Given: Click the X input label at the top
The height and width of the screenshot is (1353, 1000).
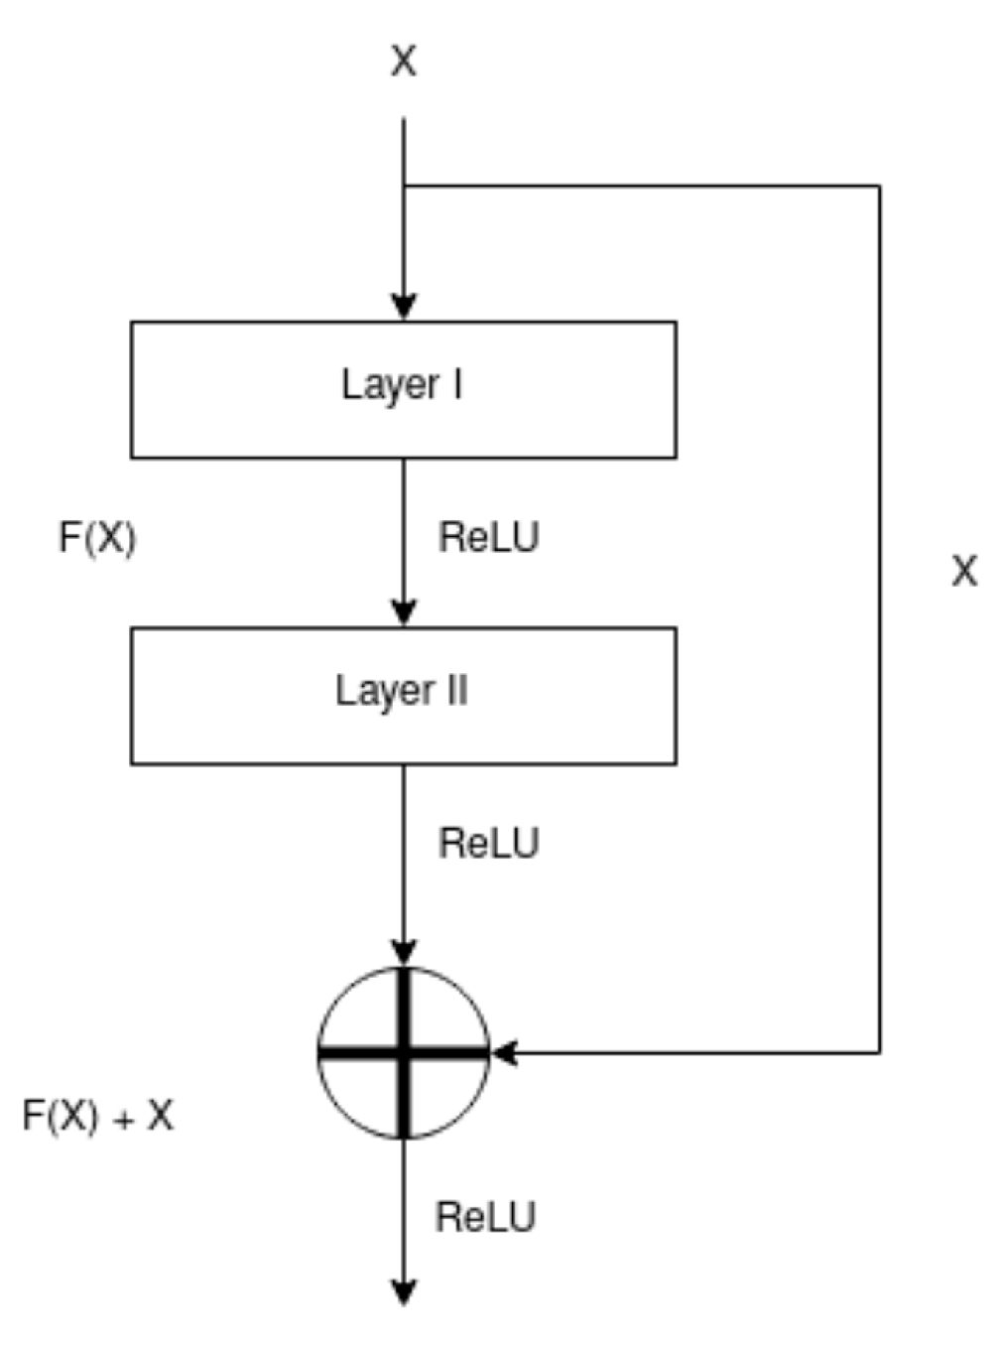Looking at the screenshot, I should pos(404,62).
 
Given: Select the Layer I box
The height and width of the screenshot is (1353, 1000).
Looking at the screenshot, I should pos(404,389).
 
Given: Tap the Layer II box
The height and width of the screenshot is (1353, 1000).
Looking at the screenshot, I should pos(404,695).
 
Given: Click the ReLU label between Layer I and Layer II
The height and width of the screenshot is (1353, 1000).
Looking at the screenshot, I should pos(489,538).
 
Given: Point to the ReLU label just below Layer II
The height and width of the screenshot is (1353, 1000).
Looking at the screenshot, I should pos(489,844).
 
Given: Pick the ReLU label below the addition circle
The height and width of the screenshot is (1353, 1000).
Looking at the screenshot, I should pos(485,1217).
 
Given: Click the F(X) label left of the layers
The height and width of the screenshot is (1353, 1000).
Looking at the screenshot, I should pos(97,538).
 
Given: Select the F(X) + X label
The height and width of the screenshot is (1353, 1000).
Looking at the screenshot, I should pos(97,1117).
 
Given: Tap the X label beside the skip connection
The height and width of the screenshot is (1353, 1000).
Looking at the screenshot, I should pos(964,572).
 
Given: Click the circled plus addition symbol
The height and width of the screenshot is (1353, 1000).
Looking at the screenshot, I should pos(404,1053).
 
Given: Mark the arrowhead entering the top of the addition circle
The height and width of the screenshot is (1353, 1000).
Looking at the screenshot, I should pos(404,953).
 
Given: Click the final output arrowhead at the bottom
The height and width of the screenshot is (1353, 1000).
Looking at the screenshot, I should pos(404,1292).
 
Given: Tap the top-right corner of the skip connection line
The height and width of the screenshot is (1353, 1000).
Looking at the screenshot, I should pos(879,186).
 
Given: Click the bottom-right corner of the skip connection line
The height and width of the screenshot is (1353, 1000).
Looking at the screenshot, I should pos(879,1052).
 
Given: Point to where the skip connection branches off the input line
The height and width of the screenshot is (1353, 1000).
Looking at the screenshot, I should pos(404,186).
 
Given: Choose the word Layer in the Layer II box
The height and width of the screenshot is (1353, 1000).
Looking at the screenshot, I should pos(376,692).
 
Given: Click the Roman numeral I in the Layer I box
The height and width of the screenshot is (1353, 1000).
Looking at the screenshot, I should pos(457,384).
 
